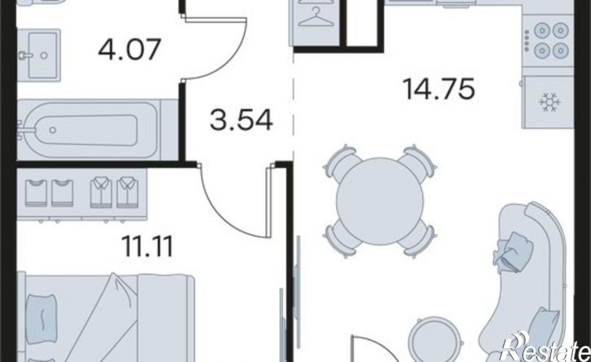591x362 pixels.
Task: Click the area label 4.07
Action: pyautogui.click(x=130, y=50)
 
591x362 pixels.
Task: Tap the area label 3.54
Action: pyautogui.click(x=241, y=120)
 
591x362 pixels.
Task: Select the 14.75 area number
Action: pyautogui.click(x=439, y=89)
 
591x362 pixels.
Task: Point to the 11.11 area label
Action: pyautogui.click(x=148, y=246)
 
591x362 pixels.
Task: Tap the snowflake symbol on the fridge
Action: pyautogui.click(x=550, y=102)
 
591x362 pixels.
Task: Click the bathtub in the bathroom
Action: pyautogui.click(x=90, y=130)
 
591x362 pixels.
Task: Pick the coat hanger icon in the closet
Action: pyautogui.click(x=315, y=17)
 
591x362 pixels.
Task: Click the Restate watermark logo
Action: pyautogui.click(x=546, y=347)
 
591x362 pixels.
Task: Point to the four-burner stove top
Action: pyautogui.click(x=549, y=39)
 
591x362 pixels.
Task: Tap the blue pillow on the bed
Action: pyautogui.click(x=42, y=319)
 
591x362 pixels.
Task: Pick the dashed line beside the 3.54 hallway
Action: pyautogui.click(x=293, y=102)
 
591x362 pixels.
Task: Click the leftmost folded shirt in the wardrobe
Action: pyautogui.click(x=36, y=193)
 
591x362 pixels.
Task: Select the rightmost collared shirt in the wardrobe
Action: pyautogui.click(x=128, y=192)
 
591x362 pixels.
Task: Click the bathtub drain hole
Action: pyautogui.click(x=53, y=130)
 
